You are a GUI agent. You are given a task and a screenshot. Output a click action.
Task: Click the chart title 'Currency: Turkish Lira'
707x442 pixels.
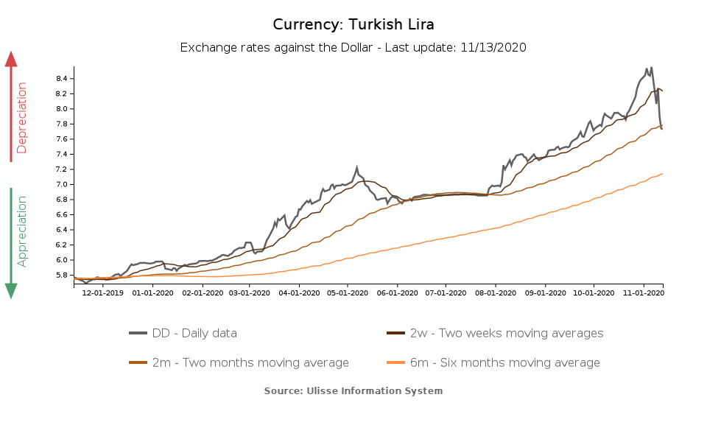[353, 24]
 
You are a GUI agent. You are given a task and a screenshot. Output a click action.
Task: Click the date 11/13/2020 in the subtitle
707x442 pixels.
[493, 48]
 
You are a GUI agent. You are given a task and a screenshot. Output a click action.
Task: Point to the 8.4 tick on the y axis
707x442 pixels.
[62, 79]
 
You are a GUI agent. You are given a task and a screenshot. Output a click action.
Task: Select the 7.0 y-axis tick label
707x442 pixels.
[62, 185]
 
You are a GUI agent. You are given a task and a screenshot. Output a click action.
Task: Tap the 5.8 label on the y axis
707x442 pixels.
[62, 276]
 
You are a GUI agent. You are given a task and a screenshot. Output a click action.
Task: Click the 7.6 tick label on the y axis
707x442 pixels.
[62, 139]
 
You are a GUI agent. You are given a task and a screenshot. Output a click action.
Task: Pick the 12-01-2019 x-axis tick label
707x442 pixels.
[103, 293]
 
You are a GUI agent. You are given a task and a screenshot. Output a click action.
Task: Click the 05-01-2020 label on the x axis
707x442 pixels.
[348, 293]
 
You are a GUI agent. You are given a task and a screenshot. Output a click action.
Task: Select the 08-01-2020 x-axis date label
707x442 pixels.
[496, 293]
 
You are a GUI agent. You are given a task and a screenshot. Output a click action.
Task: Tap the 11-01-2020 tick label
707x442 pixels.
[644, 293]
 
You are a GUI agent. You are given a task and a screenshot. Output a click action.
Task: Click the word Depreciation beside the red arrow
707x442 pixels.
[22, 118]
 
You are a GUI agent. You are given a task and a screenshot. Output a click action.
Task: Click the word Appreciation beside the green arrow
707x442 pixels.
[22, 231]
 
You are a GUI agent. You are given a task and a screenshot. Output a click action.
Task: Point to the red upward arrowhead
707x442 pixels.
[11, 59]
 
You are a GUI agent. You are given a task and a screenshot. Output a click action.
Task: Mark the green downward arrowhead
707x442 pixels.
[11, 291]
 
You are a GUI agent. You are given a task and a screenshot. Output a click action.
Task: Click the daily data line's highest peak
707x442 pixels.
[651, 68]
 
